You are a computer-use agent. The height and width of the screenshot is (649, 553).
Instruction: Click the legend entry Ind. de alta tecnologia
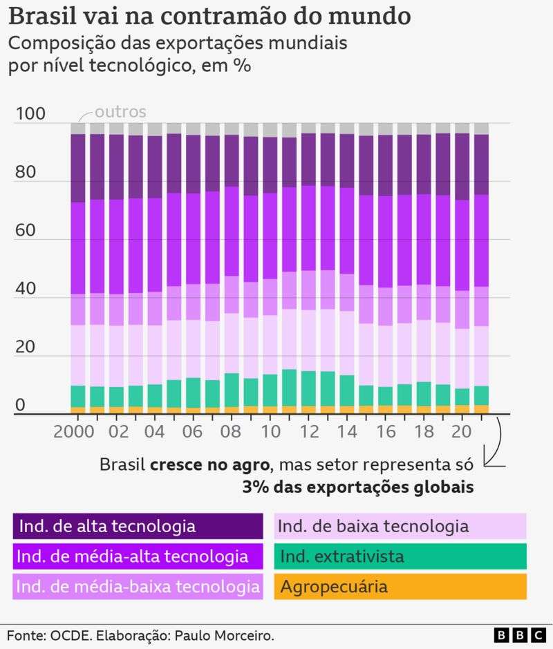pyautogui.click(x=138, y=526)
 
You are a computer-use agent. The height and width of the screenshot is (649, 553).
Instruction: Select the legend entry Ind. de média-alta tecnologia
pyautogui.click(x=138, y=556)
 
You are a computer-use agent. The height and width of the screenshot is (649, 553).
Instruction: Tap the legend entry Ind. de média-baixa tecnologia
pyautogui.click(x=138, y=587)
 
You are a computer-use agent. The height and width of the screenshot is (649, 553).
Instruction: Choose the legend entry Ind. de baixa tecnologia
pyautogui.click(x=400, y=526)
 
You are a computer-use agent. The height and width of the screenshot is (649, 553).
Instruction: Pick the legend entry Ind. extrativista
pyautogui.click(x=400, y=556)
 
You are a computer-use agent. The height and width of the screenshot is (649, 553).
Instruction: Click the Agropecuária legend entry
pyautogui.click(x=400, y=587)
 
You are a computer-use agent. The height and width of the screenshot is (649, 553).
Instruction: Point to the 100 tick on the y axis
pyautogui.click(x=28, y=114)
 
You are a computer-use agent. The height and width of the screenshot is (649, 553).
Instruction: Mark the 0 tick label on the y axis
pyautogui.click(x=21, y=405)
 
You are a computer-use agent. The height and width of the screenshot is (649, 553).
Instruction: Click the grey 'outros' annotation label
pyautogui.click(x=120, y=111)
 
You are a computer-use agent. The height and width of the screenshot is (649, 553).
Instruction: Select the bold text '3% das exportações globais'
pyautogui.click(x=357, y=487)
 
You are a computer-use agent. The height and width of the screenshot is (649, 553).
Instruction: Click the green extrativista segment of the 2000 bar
pyautogui.click(x=78, y=396)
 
